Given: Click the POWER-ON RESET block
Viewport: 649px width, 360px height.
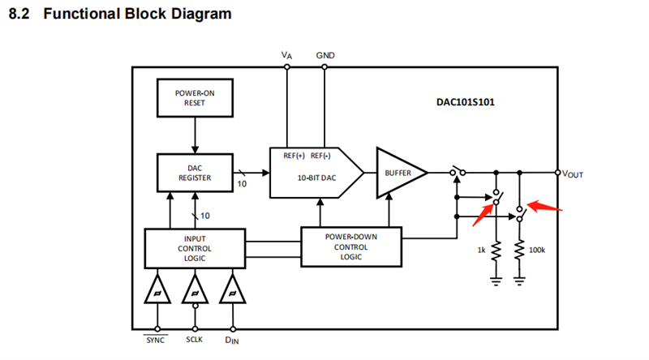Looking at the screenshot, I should point(195,98).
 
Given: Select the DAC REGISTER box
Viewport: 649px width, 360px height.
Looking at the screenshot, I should point(195,172).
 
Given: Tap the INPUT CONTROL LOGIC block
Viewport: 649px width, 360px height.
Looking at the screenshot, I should point(195,248).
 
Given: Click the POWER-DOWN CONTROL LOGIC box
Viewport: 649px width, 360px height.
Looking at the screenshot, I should point(350,247).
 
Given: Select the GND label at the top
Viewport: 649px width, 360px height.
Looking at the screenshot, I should point(325,55).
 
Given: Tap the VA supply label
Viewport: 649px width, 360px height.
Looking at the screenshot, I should point(286,55).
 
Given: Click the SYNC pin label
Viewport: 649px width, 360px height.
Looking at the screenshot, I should point(155,341).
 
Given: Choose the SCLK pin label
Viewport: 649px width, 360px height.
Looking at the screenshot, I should point(195,341).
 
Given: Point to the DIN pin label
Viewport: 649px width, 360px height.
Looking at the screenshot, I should point(233,341).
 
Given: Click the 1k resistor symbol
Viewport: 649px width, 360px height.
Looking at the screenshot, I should point(496,251).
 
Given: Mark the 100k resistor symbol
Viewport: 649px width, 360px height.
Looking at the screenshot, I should point(519,251).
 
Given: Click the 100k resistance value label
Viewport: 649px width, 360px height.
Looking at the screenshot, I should point(537,251).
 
